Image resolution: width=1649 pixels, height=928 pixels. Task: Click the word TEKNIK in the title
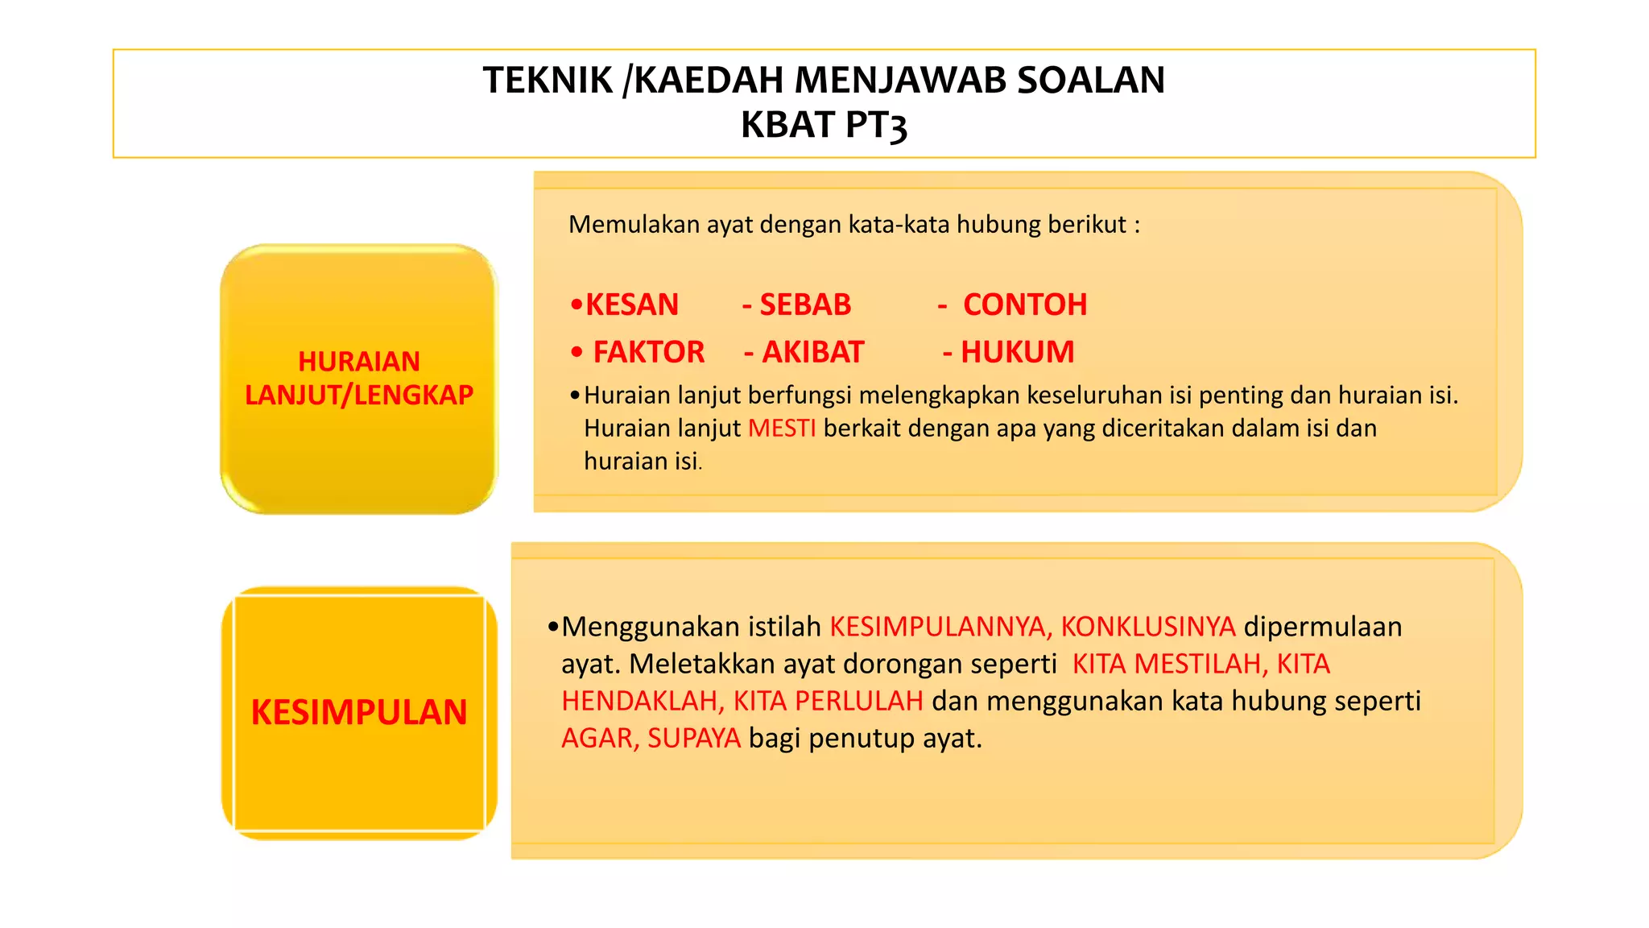548,81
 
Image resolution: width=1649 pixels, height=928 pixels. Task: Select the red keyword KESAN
632,304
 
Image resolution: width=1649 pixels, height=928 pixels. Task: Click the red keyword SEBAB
805,304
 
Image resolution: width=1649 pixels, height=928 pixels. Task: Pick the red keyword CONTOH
1025,304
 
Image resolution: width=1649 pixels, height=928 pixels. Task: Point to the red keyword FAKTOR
649,352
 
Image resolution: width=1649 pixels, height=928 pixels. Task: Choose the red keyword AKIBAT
813,352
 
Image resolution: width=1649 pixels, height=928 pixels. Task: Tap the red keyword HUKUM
1018,352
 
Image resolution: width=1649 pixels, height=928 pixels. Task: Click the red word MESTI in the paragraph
782,428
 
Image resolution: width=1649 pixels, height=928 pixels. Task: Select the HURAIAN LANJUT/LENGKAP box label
359,378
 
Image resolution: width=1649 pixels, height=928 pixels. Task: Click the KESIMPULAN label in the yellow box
359,712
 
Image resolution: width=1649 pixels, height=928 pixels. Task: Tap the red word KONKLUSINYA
1147,627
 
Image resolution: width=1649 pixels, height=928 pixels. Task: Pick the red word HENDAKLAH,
643,701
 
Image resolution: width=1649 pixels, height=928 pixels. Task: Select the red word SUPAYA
694,738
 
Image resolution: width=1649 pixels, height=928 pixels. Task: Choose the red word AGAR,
600,738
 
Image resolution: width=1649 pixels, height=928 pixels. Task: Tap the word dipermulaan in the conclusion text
1322,627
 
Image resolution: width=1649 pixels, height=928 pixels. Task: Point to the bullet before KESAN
576,305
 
